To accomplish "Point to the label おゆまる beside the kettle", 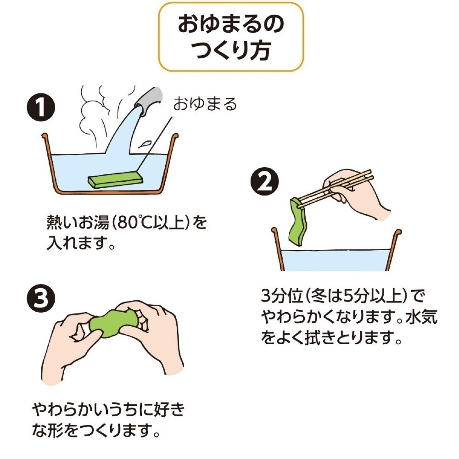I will click(x=205, y=104).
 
